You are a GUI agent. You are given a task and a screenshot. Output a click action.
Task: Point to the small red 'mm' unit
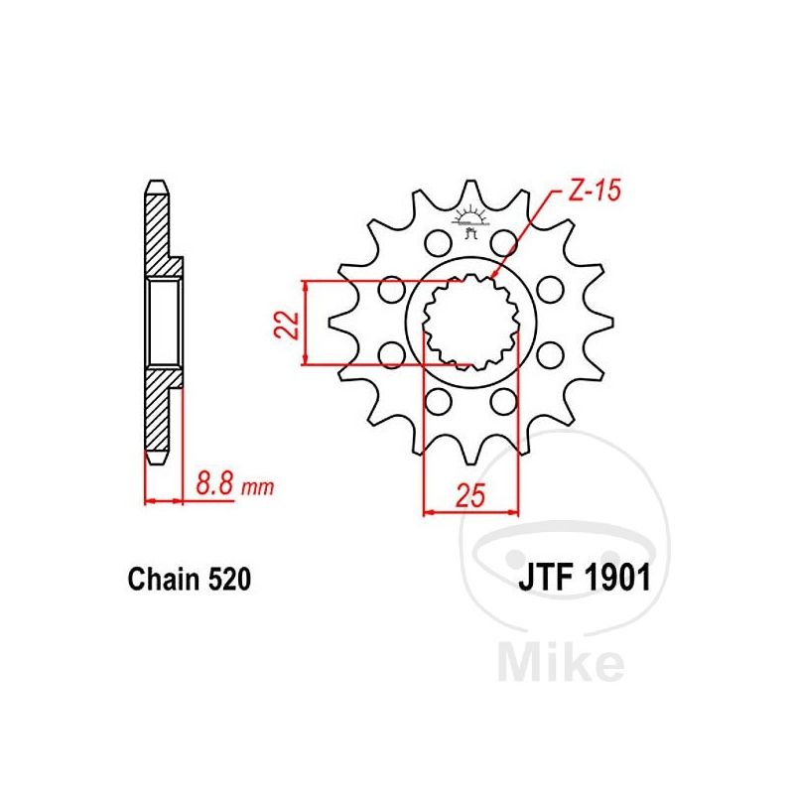[257, 487]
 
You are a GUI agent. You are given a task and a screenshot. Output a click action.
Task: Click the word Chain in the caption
[165, 579]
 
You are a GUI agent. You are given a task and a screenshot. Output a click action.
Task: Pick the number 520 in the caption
[229, 579]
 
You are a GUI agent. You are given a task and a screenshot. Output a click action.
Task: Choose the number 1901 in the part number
[616, 578]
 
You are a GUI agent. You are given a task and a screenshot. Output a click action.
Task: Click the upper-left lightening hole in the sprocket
[438, 243]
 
